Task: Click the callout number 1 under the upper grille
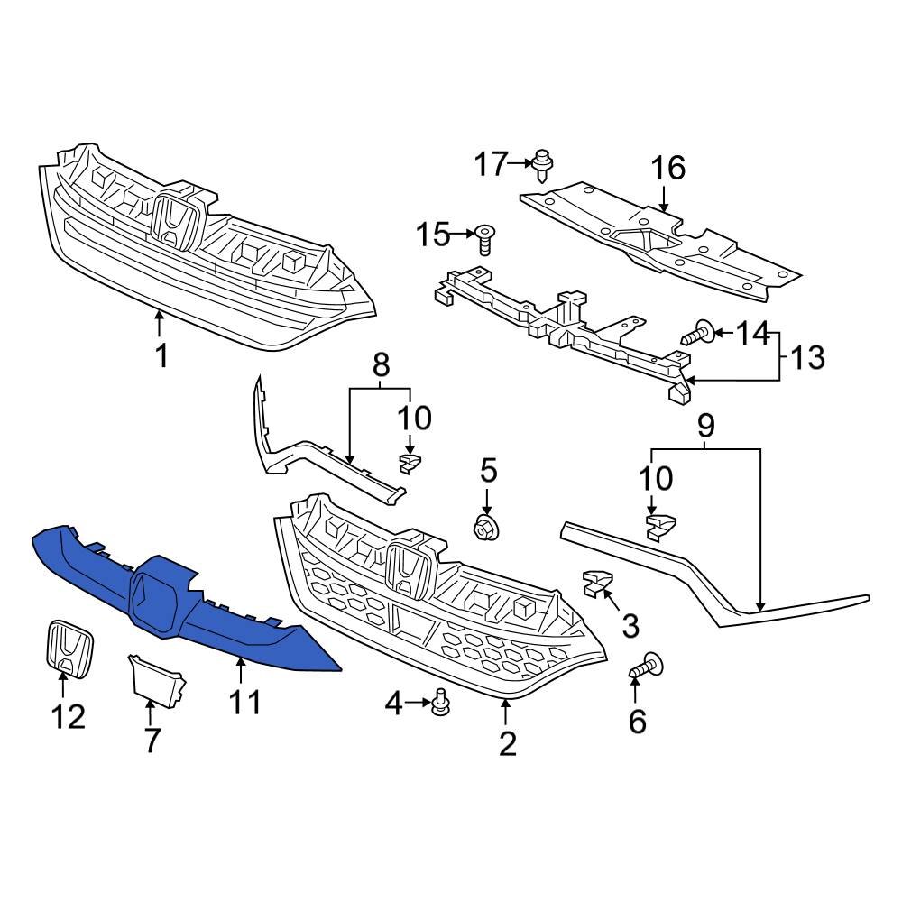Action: coord(161,356)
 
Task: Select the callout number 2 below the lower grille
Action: coord(507,743)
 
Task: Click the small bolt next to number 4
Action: coord(440,702)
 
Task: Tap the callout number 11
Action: coord(241,702)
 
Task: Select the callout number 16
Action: coord(668,168)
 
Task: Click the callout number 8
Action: coord(381,365)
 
